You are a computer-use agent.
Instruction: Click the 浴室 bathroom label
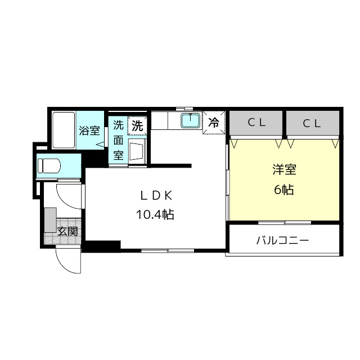pos(89,131)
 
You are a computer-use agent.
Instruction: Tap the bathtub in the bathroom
pos(64,130)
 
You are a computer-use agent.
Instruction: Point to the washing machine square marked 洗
pos(137,126)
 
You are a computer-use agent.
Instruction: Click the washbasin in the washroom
pos(137,151)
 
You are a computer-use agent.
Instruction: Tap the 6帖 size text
pos(284,190)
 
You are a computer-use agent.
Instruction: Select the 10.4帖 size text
pos(154,214)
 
